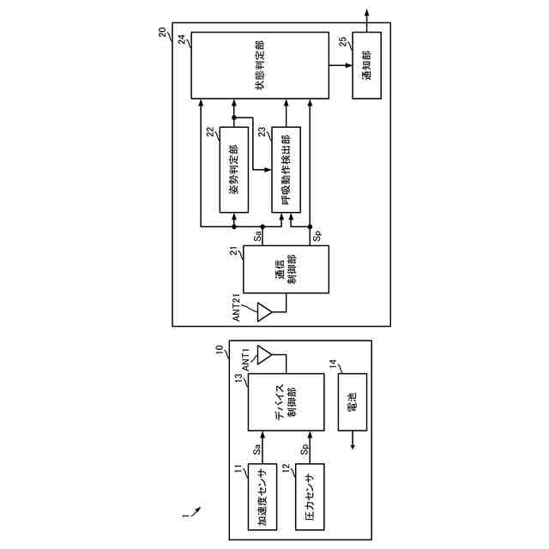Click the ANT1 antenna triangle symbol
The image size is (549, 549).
[265, 354]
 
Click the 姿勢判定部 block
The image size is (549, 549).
[234, 169]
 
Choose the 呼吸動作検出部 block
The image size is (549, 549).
[286, 169]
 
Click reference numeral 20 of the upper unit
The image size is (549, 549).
[163, 32]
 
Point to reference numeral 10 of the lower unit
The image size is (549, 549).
[219, 350]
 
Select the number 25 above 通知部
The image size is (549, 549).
[343, 42]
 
